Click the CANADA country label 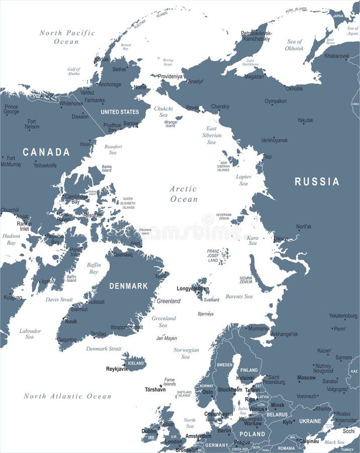[x=46, y=152]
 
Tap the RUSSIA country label [x=317, y=182]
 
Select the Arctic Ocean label [x=184, y=194]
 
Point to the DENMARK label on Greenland [x=129, y=286]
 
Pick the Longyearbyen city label [x=193, y=289]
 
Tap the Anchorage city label [x=110, y=85]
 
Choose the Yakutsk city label [x=305, y=120]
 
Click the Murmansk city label [x=259, y=329]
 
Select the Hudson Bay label [x=11, y=239]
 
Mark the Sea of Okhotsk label [x=295, y=45]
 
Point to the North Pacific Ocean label [x=67, y=37]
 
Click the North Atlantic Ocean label [x=67, y=396]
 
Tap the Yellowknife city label [x=45, y=165]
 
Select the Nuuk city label [x=71, y=321]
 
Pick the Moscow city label [x=306, y=377]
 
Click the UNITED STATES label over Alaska [x=120, y=112]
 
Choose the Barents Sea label [x=239, y=296]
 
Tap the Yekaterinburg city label [x=343, y=316]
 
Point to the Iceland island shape [x=134, y=362]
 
